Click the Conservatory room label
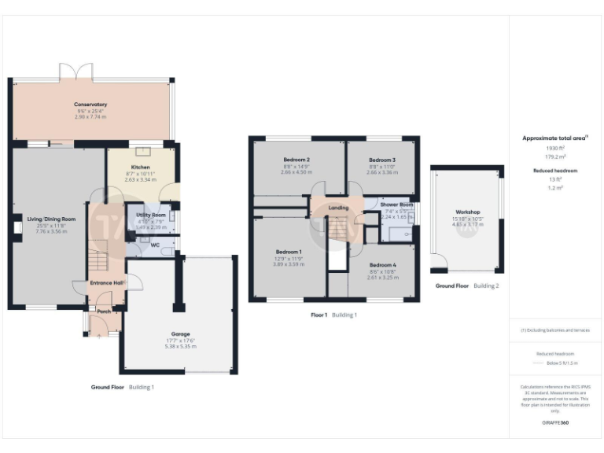90,105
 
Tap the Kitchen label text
140,168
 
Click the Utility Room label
150,215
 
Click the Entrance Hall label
107,282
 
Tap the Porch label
103,311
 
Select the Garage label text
180,334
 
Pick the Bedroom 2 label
296,160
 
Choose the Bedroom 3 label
381,160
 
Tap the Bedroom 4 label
382,265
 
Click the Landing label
338,208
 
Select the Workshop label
467,212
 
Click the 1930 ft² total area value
555,148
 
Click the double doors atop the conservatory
72,73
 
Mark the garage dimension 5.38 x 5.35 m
180,346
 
